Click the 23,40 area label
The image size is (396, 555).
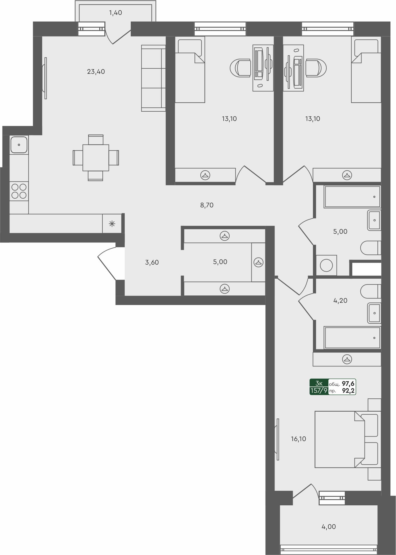click(96, 72)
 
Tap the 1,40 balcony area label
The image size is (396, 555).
click(115, 13)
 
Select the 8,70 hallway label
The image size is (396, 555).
click(207, 205)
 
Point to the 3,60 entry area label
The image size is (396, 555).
click(152, 262)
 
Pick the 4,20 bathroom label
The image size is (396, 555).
click(340, 301)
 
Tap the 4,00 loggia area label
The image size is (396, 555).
click(328, 527)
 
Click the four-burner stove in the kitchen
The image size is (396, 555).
click(19, 191)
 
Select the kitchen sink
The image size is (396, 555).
click(19, 145)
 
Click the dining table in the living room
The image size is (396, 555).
click(96, 158)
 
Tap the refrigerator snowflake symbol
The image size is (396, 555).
click(112, 224)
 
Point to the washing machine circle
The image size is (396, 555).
click(326, 265)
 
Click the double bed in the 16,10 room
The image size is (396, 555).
click(340, 439)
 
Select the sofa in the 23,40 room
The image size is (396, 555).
click(153, 78)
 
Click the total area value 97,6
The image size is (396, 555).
click(348, 384)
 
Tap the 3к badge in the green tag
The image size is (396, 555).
click(319, 383)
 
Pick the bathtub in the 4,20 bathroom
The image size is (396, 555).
click(352, 338)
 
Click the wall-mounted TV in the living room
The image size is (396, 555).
click(45, 78)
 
